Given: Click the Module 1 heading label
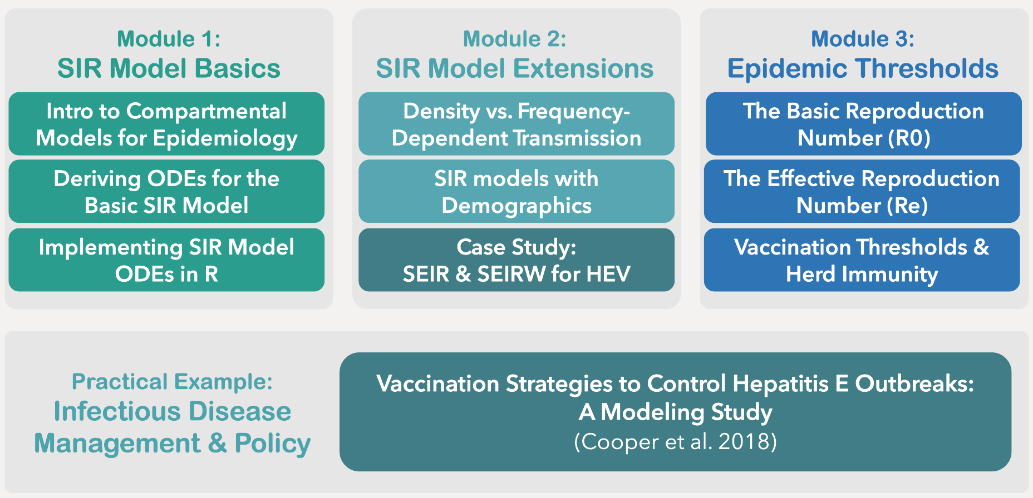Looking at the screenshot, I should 169,39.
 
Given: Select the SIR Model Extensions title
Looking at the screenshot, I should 514,69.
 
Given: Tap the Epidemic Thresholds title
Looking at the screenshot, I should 862,69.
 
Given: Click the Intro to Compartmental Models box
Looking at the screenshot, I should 166,124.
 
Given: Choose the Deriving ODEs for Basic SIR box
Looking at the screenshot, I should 166,192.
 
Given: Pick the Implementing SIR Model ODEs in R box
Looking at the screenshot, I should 166,260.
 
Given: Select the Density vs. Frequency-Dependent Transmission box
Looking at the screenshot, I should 516,124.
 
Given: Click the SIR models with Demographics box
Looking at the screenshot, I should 516,192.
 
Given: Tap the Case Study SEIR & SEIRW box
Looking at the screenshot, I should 516,260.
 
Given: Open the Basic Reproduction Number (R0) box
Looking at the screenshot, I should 863,124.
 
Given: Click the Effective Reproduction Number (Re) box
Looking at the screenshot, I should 862,192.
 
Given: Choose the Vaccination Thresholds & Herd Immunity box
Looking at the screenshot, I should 862,260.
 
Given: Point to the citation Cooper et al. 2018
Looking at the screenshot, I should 675,442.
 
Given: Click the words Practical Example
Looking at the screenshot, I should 172,382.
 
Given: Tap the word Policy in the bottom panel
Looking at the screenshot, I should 272,444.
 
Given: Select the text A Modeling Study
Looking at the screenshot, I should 675,412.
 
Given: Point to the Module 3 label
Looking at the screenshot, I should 862,39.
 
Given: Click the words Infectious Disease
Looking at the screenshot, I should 172,412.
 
